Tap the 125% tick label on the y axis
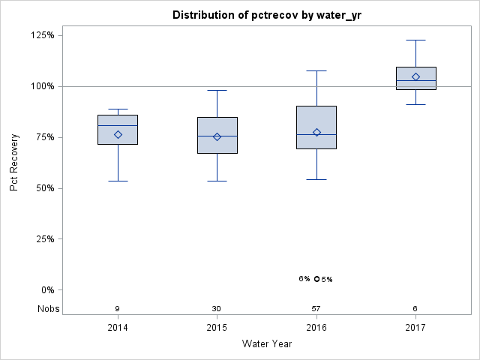(x=42, y=35)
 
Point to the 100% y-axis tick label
(x=42, y=86)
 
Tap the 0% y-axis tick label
(x=47, y=290)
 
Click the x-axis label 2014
(x=118, y=328)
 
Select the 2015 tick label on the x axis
(x=217, y=328)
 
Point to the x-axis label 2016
(x=316, y=328)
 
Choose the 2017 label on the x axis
(x=415, y=328)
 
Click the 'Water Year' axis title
(x=267, y=344)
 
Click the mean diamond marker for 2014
(x=118, y=135)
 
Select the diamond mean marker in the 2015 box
(x=217, y=136)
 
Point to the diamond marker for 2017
(x=415, y=76)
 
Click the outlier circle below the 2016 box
(x=316, y=278)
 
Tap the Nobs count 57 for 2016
(x=316, y=309)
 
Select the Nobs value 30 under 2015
(x=217, y=309)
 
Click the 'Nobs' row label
(x=47, y=309)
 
